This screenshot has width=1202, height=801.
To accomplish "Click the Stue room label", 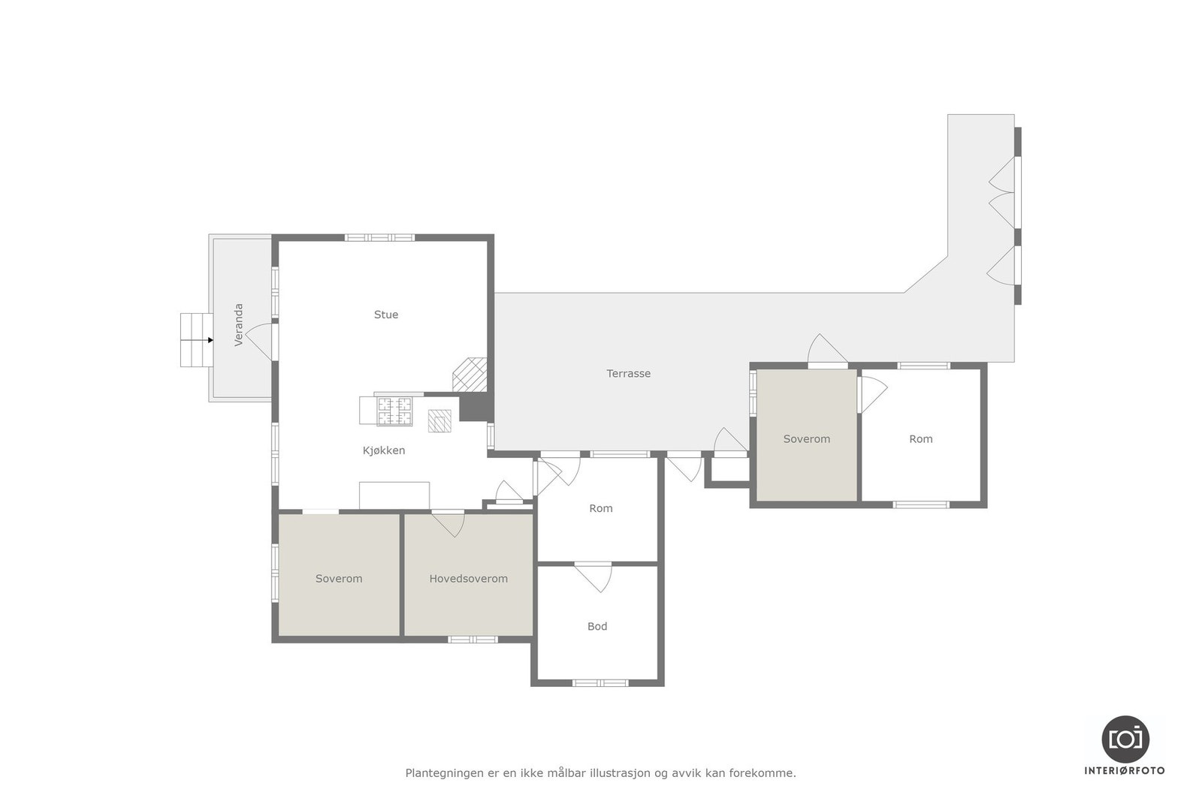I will coord(386,315).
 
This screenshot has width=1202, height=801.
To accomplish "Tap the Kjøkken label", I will coord(384,450).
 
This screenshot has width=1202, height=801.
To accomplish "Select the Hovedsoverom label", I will coord(468,579).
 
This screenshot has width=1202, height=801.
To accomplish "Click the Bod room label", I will coord(597,626).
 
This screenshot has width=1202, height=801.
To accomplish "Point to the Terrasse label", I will coord(629,373).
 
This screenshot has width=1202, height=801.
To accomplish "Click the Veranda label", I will coord(239,325).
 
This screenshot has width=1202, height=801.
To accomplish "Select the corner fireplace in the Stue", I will coord(470,374).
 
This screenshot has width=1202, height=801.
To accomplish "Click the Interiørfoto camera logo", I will coord(1125,739).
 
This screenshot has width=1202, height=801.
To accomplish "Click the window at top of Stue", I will coord(379,238).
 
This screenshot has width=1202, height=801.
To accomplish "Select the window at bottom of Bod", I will coord(599,683).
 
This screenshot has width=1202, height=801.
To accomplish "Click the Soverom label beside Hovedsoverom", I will coord(339,579).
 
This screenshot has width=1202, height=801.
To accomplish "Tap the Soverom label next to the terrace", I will coord(807,439).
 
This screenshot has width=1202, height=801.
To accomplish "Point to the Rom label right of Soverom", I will coord(921,439).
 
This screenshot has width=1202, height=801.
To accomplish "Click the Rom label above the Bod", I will coord(601,508).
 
